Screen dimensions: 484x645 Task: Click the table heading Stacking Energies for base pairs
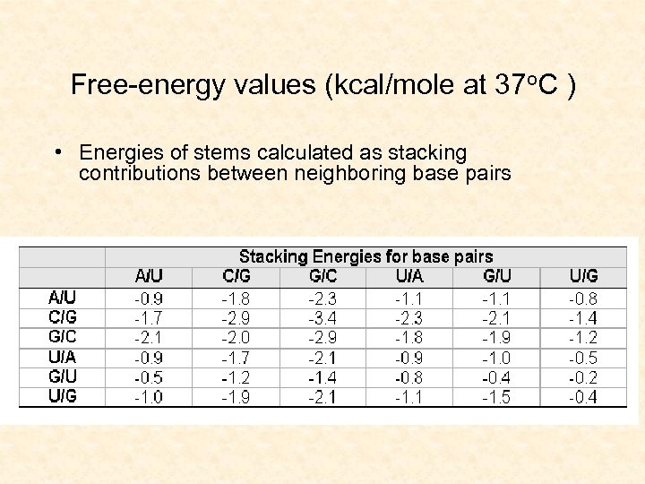[x=365, y=257]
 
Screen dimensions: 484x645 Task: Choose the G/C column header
[x=322, y=277]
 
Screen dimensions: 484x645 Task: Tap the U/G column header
[x=583, y=277]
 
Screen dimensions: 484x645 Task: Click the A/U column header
[x=149, y=277]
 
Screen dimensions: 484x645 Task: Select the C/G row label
[x=62, y=316]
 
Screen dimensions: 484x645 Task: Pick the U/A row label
[x=62, y=357]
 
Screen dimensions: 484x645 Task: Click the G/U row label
[x=62, y=376]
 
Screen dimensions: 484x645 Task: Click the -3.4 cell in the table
[x=322, y=318]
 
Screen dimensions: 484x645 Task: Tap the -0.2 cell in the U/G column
[x=583, y=377]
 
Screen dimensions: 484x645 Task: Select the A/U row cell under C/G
[x=236, y=298]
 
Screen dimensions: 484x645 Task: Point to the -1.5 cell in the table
[x=496, y=397]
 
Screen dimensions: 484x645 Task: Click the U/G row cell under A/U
[x=149, y=397]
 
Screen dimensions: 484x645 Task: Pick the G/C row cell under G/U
[x=496, y=338]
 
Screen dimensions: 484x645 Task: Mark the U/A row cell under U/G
[x=583, y=358]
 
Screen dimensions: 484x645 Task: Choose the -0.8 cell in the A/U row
[x=583, y=298]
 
